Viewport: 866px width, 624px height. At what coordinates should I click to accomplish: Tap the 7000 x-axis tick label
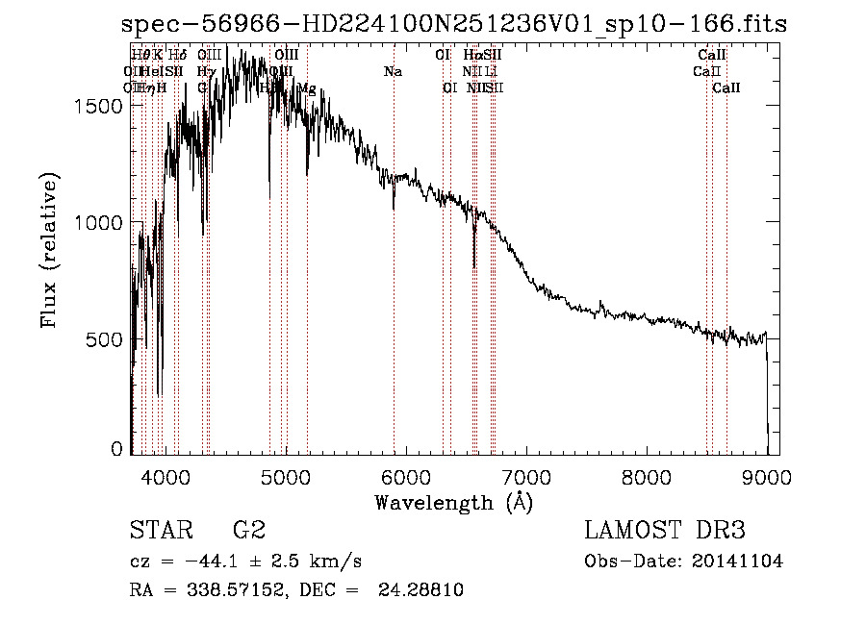click(525, 474)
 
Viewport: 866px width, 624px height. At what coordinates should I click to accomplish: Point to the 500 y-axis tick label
click(105, 339)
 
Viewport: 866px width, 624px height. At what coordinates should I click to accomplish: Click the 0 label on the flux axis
click(117, 448)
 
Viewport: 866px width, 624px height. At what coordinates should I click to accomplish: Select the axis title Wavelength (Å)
click(453, 501)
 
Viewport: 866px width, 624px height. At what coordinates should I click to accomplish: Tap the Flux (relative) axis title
click(49, 250)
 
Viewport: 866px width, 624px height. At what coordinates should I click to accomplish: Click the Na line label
click(393, 72)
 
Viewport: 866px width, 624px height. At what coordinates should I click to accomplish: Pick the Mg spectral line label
click(307, 88)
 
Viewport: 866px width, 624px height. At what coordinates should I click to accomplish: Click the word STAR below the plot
click(159, 531)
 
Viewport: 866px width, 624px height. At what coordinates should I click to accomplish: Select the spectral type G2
click(249, 531)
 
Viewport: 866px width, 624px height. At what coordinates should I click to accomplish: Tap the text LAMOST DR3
click(665, 531)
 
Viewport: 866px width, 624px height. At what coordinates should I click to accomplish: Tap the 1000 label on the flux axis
click(98, 222)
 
